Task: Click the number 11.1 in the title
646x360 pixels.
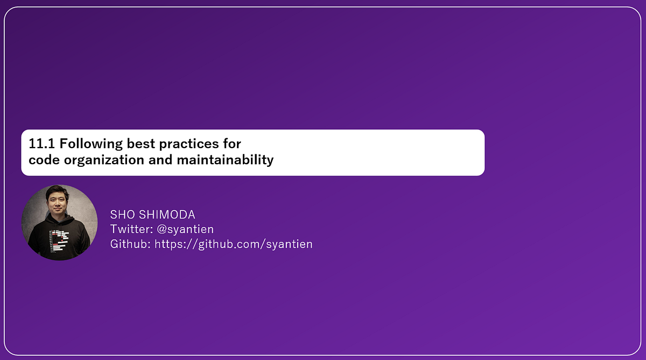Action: click(41, 144)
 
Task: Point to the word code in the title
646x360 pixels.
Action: click(41, 160)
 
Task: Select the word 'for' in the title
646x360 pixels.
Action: click(231, 144)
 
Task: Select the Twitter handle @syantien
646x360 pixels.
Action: click(185, 229)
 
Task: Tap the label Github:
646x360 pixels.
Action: click(130, 244)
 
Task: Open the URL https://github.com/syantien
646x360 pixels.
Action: click(234, 244)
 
